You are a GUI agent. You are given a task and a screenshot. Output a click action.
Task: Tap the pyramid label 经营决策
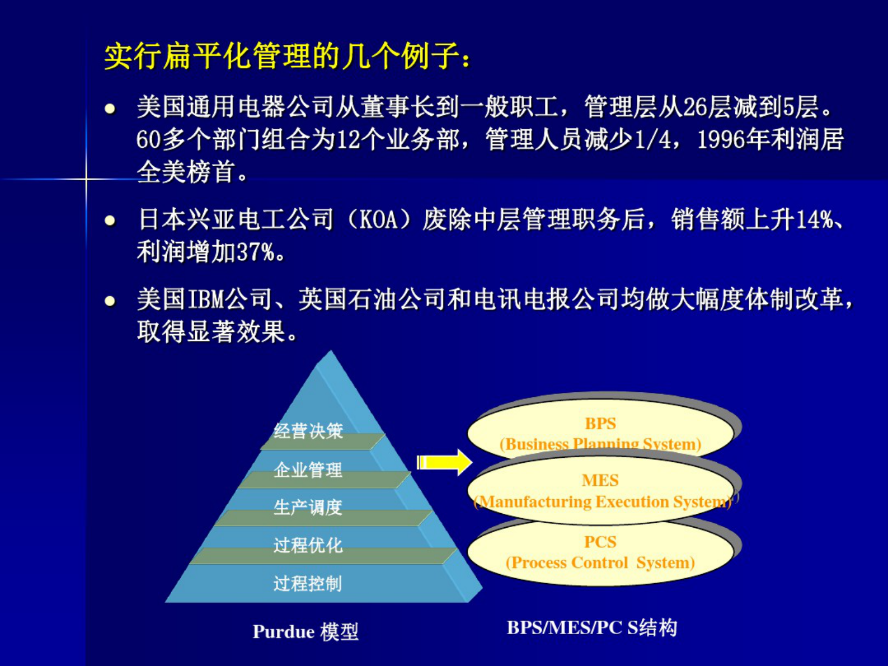pos(308,430)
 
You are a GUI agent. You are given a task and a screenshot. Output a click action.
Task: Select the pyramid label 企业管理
pos(308,470)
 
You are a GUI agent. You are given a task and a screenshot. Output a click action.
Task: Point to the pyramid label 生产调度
pos(308,507)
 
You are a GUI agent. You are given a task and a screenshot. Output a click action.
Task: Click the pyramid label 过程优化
pos(308,545)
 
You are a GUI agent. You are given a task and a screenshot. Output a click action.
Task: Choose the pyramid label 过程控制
pos(308,583)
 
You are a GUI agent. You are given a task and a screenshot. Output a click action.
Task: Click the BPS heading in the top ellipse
pos(600,424)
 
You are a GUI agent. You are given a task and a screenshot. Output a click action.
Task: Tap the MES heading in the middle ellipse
pos(600,480)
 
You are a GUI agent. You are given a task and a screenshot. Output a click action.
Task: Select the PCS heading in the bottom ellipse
pos(600,542)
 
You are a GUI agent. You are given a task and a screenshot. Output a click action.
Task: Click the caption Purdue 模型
pos(306,631)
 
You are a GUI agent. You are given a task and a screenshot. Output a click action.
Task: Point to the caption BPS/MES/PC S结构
pos(591,627)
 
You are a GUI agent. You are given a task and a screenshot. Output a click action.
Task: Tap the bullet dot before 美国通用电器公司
pos(110,108)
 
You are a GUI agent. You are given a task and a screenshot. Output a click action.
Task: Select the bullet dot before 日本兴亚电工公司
pos(110,221)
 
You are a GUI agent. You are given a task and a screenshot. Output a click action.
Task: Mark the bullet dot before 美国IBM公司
pos(110,301)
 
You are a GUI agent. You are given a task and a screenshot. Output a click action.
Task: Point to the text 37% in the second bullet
pos(256,252)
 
